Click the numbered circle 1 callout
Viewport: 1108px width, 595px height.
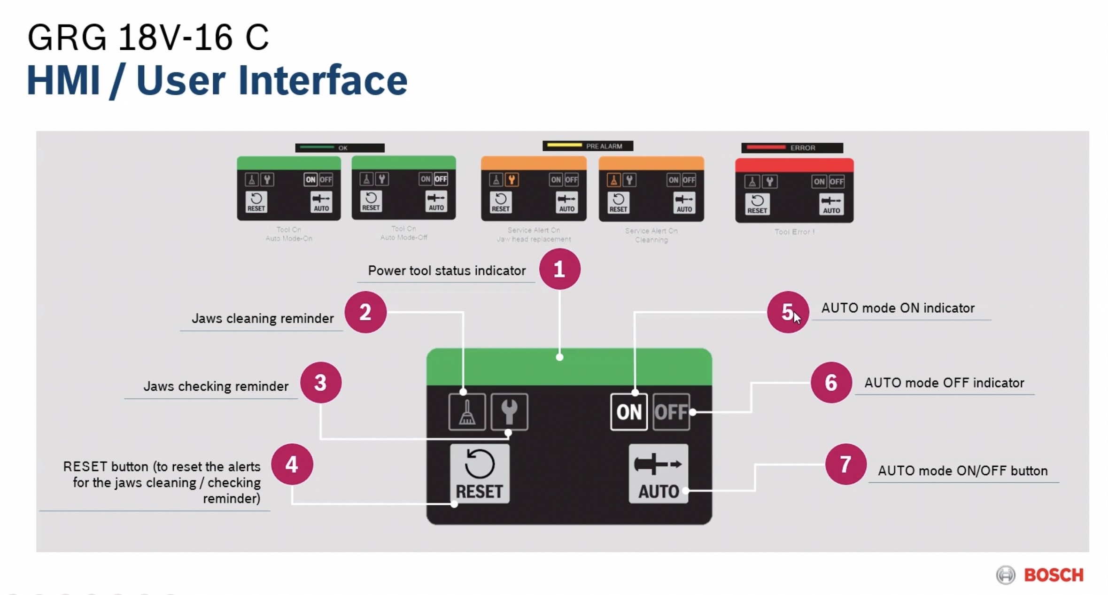[x=559, y=269]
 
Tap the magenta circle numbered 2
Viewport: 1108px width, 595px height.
[x=365, y=312]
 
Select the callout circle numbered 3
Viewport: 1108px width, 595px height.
[x=321, y=383]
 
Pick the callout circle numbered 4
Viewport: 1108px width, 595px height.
[x=292, y=464]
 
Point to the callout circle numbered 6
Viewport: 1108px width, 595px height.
[x=831, y=383]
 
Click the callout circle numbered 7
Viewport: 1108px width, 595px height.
[x=845, y=464]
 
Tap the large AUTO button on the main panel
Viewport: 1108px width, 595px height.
[x=659, y=474]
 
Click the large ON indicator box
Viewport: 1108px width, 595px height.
[x=628, y=412]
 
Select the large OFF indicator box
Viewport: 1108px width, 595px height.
[x=671, y=412]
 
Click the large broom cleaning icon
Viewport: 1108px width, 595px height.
[x=467, y=412]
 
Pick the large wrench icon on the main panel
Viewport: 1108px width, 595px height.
[x=509, y=412]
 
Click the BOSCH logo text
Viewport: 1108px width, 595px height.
[x=1054, y=575]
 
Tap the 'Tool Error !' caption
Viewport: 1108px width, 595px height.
[x=794, y=232]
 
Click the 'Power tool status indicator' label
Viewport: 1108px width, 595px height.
[x=447, y=271]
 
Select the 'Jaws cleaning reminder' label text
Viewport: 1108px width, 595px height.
[x=263, y=319]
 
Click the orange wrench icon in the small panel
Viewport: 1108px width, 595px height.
[x=511, y=179]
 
